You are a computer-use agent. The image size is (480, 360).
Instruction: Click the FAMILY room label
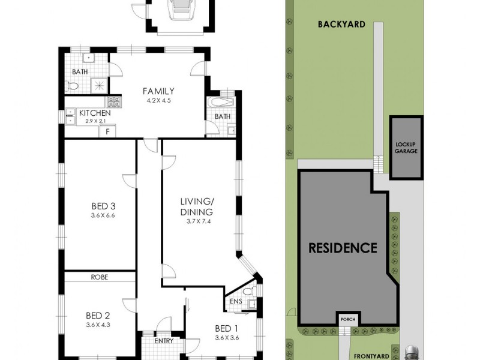(158, 91)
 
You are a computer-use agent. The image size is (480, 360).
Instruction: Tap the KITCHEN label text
(94, 113)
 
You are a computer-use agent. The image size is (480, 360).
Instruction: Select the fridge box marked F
(107, 131)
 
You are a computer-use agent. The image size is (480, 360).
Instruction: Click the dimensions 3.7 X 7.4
(199, 221)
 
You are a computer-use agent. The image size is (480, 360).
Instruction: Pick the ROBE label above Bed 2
(99, 277)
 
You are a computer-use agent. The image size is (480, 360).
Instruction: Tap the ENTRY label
(163, 341)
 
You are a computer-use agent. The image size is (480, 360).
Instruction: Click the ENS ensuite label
(236, 310)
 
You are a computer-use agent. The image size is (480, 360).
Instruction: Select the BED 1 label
(227, 328)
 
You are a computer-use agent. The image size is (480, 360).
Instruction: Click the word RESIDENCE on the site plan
(343, 247)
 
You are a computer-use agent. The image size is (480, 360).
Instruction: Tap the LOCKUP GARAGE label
(406, 148)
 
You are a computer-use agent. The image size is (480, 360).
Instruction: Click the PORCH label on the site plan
(348, 319)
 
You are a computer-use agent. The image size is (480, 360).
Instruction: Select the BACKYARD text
(342, 25)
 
